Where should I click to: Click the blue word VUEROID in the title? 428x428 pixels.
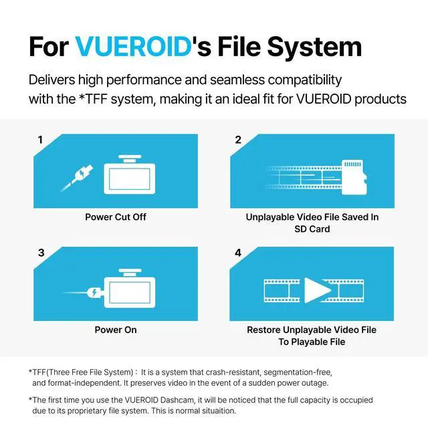[x=134, y=46]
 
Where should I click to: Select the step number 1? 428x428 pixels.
[x=40, y=140]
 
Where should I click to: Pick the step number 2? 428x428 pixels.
[x=238, y=140]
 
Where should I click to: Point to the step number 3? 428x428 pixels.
[x=41, y=253]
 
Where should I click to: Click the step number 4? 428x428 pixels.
[x=238, y=253]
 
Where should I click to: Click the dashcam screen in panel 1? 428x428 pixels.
[x=129, y=179]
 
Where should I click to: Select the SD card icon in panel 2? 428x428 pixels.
[x=354, y=177]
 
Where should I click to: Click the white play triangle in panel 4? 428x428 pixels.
[x=316, y=290]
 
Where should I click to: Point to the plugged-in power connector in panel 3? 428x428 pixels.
[x=94, y=293]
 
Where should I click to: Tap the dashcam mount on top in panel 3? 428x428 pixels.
[x=130, y=272]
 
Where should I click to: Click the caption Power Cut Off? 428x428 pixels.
[x=116, y=217]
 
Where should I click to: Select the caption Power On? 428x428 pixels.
[x=116, y=330]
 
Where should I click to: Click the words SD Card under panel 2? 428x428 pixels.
[x=312, y=229]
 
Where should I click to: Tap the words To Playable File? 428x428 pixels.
[x=312, y=342]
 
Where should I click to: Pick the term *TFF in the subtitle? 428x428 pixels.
[x=93, y=99]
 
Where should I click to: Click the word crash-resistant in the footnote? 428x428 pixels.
[x=233, y=372]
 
